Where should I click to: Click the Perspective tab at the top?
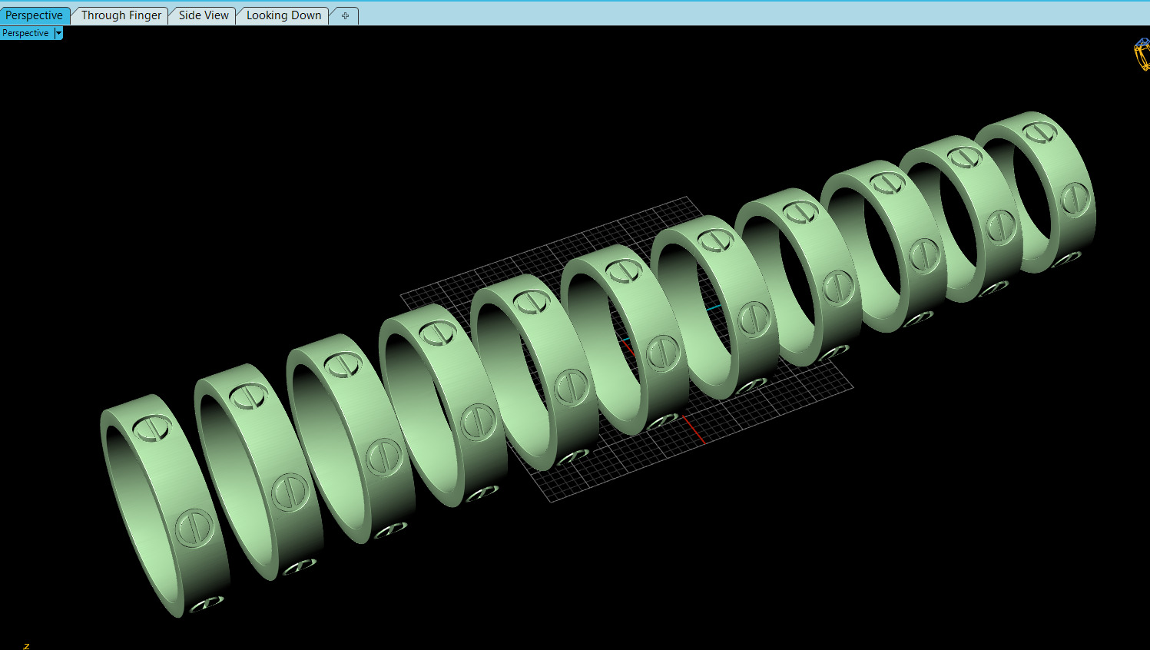click(x=34, y=15)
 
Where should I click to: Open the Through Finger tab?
click(x=121, y=15)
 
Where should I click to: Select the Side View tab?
click(x=204, y=15)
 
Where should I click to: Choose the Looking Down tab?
click(x=283, y=15)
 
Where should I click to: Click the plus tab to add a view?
click(x=345, y=16)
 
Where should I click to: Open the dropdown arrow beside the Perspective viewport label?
click(x=58, y=33)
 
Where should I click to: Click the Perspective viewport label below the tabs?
click(x=25, y=33)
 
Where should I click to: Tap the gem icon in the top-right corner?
click(x=1142, y=55)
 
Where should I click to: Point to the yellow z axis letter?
click(x=26, y=645)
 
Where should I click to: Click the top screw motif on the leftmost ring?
click(x=153, y=427)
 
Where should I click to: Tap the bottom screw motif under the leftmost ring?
click(x=207, y=604)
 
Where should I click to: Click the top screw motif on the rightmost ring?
click(x=1040, y=131)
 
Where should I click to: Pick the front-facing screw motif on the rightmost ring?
click(x=1075, y=200)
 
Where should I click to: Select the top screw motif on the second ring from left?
click(x=248, y=395)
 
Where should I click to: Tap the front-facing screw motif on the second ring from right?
click(x=1001, y=227)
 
